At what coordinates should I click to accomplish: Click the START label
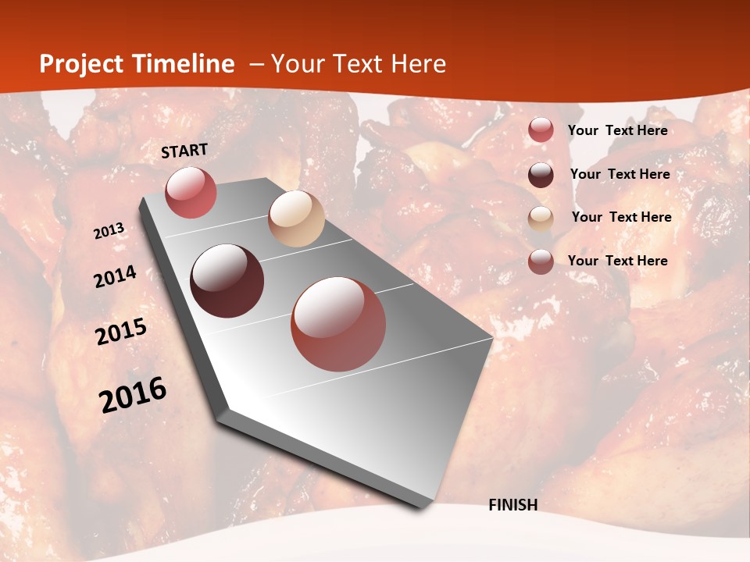pyautogui.click(x=184, y=151)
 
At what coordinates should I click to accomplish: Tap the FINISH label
pyautogui.click(x=513, y=505)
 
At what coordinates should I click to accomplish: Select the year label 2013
pyautogui.click(x=109, y=231)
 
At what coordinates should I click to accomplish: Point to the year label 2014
pyautogui.click(x=116, y=277)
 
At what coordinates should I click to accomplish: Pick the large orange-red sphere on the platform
pyautogui.click(x=338, y=324)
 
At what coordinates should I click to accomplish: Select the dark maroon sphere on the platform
pyautogui.click(x=227, y=281)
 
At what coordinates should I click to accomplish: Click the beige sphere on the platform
pyautogui.click(x=296, y=219)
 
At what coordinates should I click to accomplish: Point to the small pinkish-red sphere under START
pyautogui.click(x=191, y=192)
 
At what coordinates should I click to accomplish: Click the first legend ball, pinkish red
pyautogui.click(x=541, y=130)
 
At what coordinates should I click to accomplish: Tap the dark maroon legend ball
pyautogui.click(x=541, y=175)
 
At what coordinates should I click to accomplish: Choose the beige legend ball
pyautogui.click(x=541, y=219)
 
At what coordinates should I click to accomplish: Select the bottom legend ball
pyautogui.click(x=541, y=261)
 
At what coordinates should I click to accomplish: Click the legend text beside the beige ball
pyautogui.click(x=621, y=217)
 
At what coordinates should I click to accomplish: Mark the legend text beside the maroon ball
pyautogui.click(x=620, y=174)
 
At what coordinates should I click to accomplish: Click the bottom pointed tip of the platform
pyautogui.click(x=423, y=506)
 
